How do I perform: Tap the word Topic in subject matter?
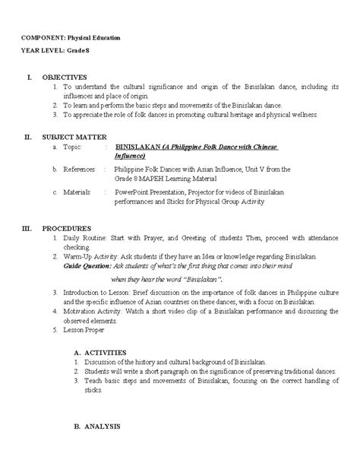pos(71,144)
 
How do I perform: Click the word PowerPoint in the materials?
pos(133,192)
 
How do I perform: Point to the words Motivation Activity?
pos(93,312)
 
